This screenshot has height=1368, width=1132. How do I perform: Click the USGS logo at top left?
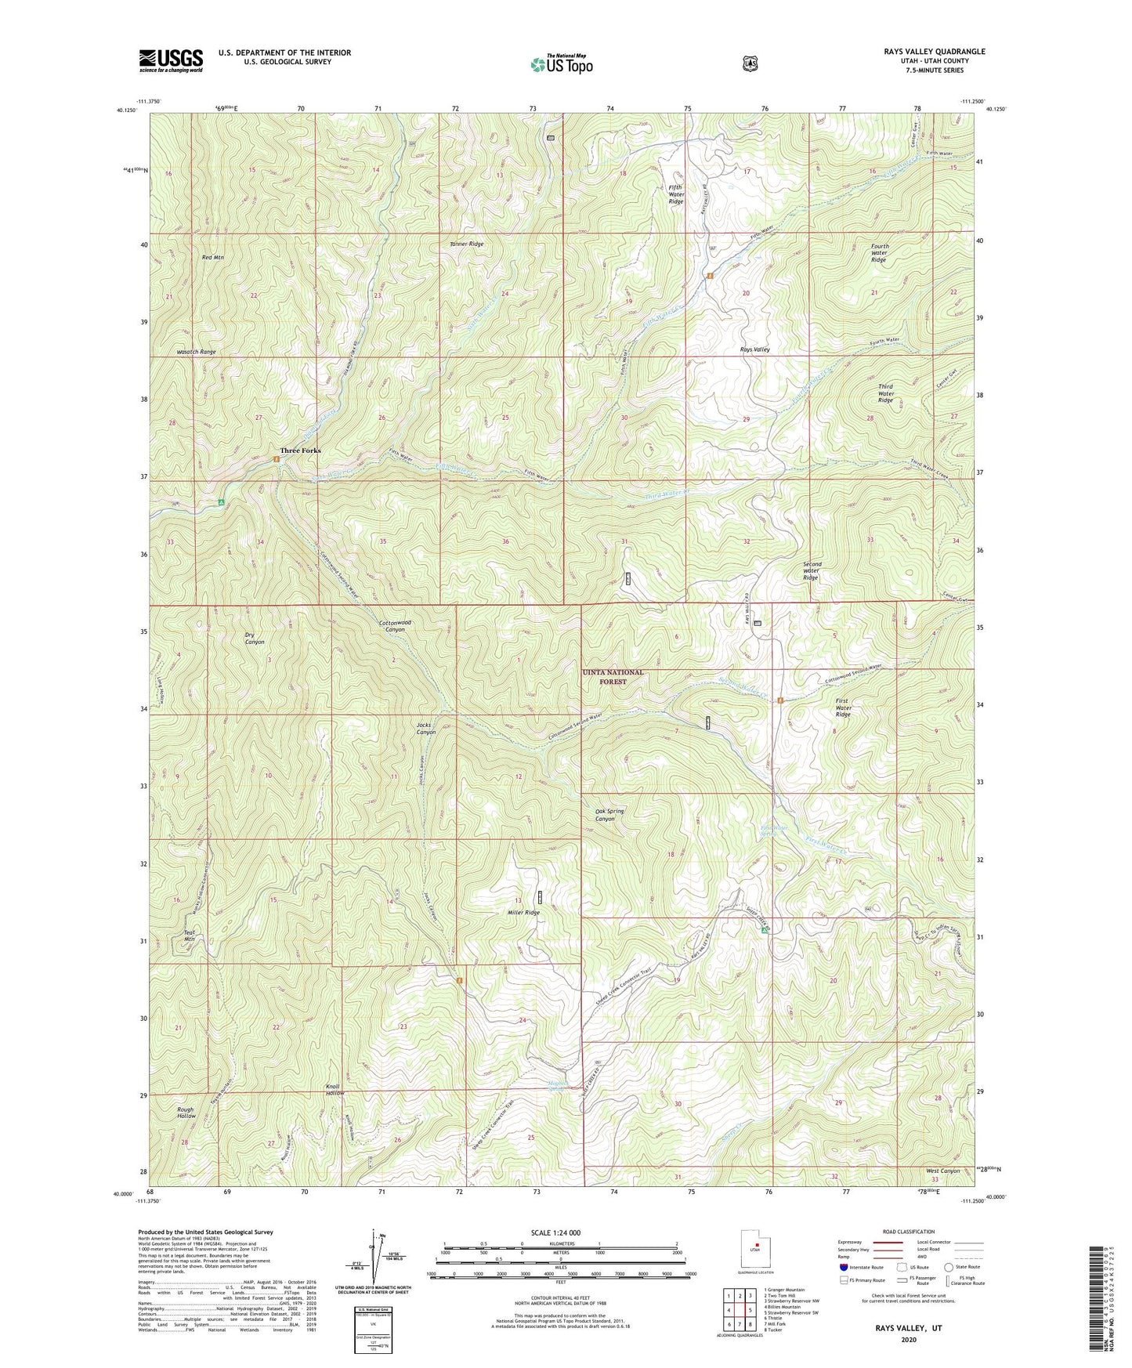click(x=171, y=60)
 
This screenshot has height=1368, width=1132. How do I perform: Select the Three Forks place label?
click(x=301, y=451)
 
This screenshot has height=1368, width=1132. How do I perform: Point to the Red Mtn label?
click(x=212, y=257)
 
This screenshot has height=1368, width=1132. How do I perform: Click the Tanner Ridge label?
click(x=466, y=244)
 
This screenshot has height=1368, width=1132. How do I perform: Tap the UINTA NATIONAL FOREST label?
click(x=613, y=677)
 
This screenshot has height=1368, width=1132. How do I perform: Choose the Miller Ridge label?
click(x=523, y=913)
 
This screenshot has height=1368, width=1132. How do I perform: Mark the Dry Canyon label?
click(x=255, y=639)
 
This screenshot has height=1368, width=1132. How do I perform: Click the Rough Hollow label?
click(x=186, y=1113)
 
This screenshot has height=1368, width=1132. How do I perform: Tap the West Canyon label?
click(x=942, y=1171)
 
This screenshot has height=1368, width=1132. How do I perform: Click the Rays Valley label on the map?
click(x=755, y=349)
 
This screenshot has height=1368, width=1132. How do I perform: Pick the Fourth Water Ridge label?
click(x=879, y=252)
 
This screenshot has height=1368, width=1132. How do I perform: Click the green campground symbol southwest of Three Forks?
click(x=222, y=502)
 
